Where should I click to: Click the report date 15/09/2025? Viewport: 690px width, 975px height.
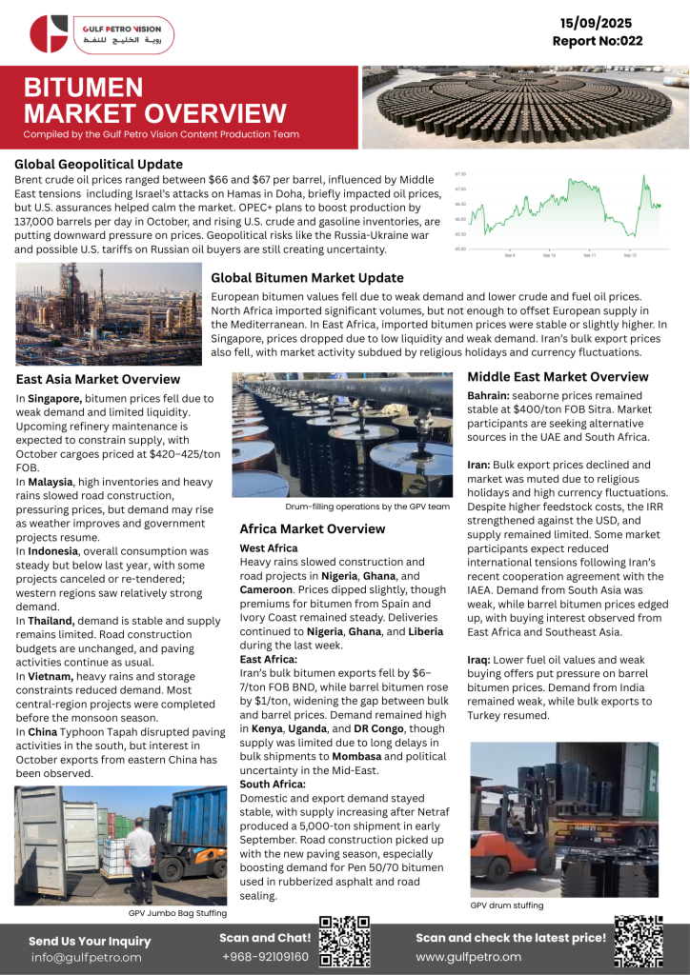click(598, 22)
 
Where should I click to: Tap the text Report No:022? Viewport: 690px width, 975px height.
click(598, 41)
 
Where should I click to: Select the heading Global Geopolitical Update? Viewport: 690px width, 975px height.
click(98, 164)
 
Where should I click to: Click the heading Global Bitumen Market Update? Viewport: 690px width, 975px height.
click(307, 278)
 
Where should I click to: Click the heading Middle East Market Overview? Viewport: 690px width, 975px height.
click(558, 377)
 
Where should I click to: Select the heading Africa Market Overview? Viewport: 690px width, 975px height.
click(312, 528)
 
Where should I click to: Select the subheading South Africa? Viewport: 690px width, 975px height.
click(273, 784)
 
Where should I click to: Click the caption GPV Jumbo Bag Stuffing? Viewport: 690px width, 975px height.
click(177, 913)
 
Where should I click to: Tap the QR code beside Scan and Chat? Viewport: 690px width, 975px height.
click(344, 941)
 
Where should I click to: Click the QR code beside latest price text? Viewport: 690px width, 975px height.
click(638, 941)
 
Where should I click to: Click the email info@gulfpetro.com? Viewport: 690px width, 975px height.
click(86, 957)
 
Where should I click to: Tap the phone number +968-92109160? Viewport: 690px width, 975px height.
click(265, 956)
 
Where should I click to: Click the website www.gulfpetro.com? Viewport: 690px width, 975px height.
click(468, 956)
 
